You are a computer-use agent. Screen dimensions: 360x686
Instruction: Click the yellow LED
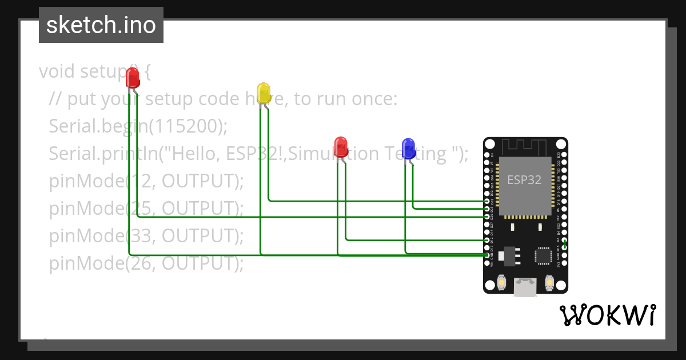coord(264,93)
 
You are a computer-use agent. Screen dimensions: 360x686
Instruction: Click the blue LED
coord(408,148)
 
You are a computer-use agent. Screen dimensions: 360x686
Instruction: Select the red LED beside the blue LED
coord(341,146)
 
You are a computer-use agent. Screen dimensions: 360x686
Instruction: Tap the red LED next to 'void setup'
coord(132,78)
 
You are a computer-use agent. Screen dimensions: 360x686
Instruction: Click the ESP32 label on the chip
coord(524,179)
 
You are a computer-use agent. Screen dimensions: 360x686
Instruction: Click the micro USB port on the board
coord(525,287)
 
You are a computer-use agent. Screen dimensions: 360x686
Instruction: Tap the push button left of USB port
coord(500,282)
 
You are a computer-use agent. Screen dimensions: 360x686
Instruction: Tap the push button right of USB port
coord(549,282)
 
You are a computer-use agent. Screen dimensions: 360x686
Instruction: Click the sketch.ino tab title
coord(101,25)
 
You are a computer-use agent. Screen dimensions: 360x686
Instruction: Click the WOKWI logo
coord(607,315)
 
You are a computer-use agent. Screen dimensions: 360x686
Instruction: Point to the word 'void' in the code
coord(57,71)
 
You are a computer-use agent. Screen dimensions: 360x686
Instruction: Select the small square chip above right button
coord(543,256)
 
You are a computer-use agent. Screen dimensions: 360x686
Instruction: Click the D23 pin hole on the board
coord(564,155)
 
